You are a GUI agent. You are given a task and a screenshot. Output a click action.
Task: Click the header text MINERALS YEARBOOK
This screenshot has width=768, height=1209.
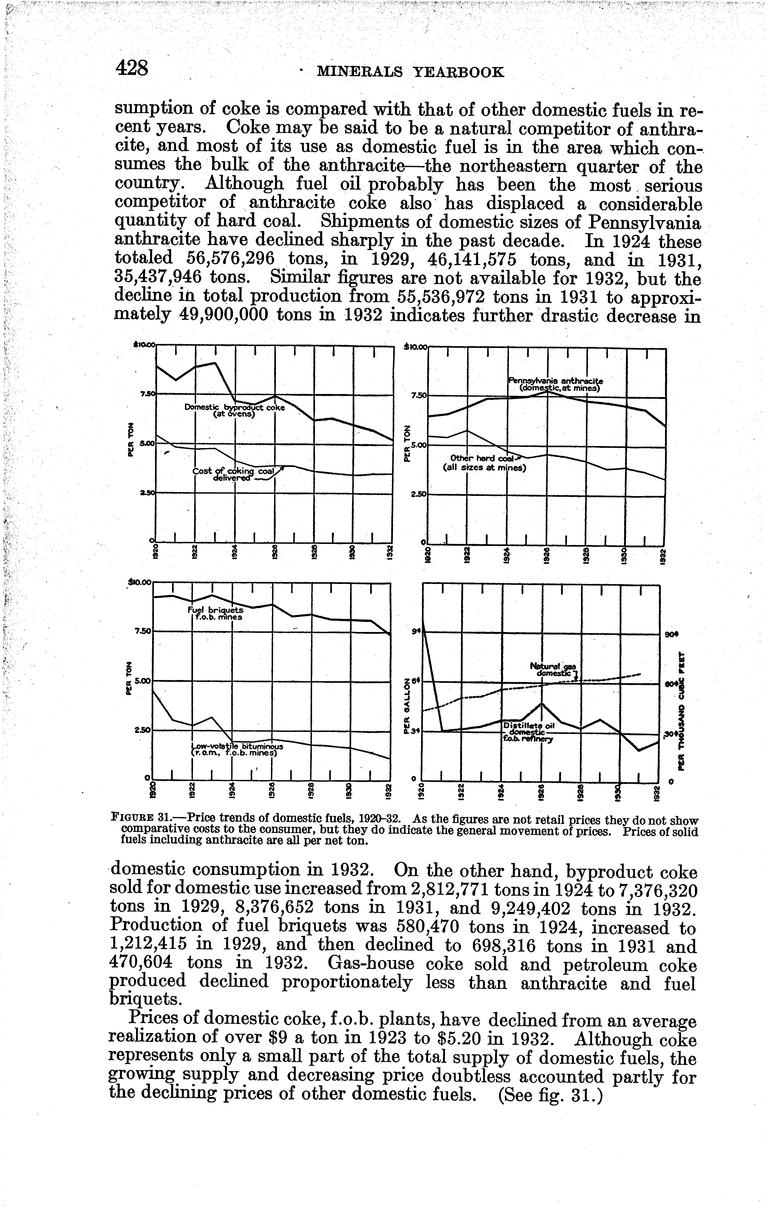tap(410, 72)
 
